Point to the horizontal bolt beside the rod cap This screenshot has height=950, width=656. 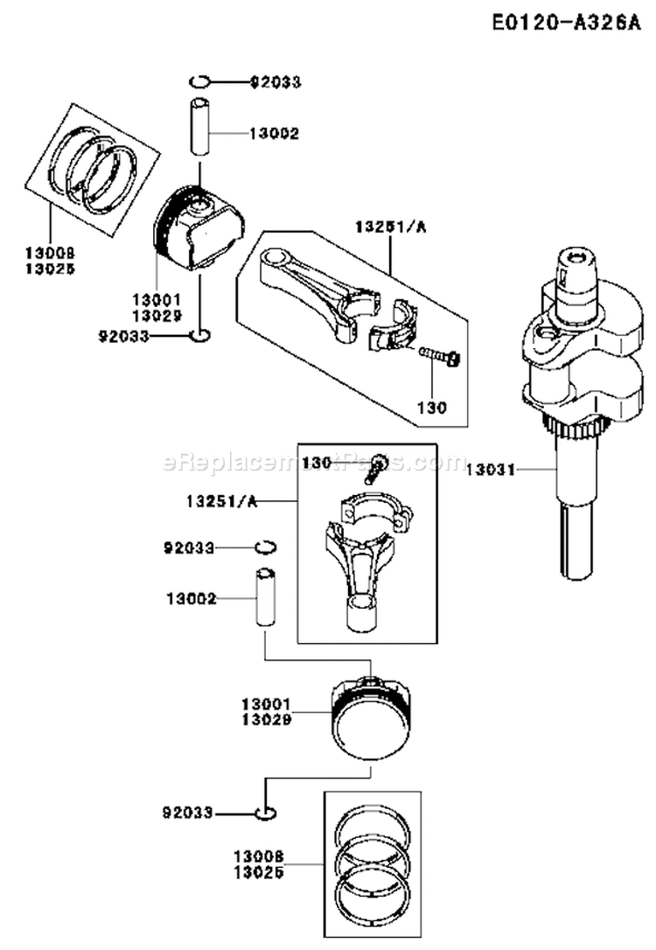point(439,356)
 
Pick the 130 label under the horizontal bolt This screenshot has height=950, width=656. point(432,407)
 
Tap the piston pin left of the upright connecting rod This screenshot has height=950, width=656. point(265,597)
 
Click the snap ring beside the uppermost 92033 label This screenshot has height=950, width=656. point(199,82)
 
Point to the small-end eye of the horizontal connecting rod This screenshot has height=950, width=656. point(278,258)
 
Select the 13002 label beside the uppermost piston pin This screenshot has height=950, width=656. point(274,134)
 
